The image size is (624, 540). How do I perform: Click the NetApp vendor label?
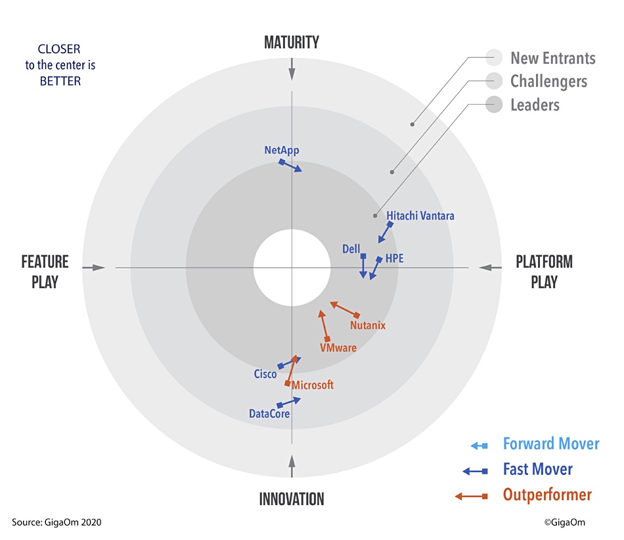pyautogui.click(x=282, y=151)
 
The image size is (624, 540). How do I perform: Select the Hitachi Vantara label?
pyautogui.click(x=420, y=216)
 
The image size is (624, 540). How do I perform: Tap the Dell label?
pyautogui.click(x=351, y=249)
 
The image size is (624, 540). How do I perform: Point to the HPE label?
pyautogui.click(x=394, y=258)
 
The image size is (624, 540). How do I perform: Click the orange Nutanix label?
pyautogui.click(x=368, y=325)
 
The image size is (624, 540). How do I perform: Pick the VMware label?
pyautogui.click(x=338, y=347)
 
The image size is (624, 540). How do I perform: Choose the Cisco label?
pyautogui.click(x=265, y=374)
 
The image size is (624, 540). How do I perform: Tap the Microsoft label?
pyautogui.click(x=313, y=385)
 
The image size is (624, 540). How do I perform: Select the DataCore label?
pyautogui.click(x=269, y=414)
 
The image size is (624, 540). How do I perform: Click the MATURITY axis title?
pyautogui.click(x=292, y=42)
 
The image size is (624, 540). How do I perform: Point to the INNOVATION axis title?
pyautogui.click(x=292, y=499)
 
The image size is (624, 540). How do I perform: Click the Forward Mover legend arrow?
pyautogui.click(x=479, y=445)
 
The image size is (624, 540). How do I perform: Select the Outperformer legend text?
pyautogui.click(x=548, y=495)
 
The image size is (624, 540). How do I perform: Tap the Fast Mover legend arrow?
pyautogui.click(x=475, y=472)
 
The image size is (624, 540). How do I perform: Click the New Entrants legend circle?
pyautogui.click(x=494, y=57)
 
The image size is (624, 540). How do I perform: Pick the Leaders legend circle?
pyautogui.click(x=494, y=105)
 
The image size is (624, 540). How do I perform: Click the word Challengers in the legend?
pyautogui.click(x=548, y=82)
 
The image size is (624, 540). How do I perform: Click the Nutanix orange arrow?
pyautogui.click(x=345, y=310)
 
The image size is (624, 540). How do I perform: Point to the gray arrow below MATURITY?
pyautogui.click(x=292, y=69)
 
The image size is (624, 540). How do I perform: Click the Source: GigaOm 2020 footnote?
pyautogui.click(x=56, y=522)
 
